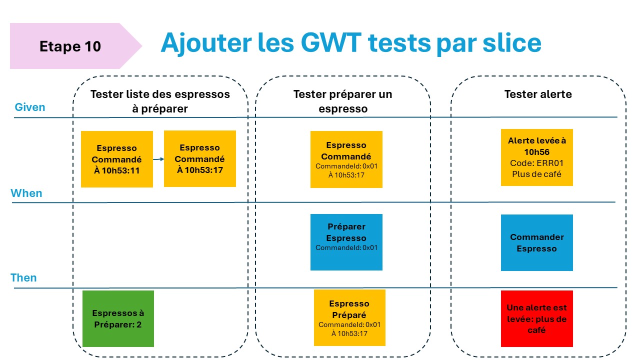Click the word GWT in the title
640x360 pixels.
tap(331, 43)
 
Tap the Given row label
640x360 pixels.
tap(30, 107)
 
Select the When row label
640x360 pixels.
tap(26, 193)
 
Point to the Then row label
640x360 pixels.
tap(23, 277)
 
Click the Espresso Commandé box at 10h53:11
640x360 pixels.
tap(117, 159)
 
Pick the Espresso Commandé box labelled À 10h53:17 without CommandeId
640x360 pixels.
tap(200, 158)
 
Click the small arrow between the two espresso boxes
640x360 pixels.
tap(158, 159)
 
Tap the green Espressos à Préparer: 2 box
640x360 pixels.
tap(118, 318)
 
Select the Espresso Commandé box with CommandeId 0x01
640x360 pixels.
tap(346, 159)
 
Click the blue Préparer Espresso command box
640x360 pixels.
tap(346, 242)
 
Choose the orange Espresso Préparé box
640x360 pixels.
tap(349, 317)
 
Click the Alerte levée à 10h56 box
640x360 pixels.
tap(537, 157)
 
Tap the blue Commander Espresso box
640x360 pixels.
tap(537, 242)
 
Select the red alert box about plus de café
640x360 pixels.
tap(537, 318)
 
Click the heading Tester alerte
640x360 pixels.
tap(538, 94)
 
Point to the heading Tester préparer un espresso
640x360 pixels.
tap(343, 101)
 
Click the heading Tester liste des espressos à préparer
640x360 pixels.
tap(160, 101)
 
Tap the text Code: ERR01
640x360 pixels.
tap(537, 163)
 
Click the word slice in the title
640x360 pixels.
tap(512, 43)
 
